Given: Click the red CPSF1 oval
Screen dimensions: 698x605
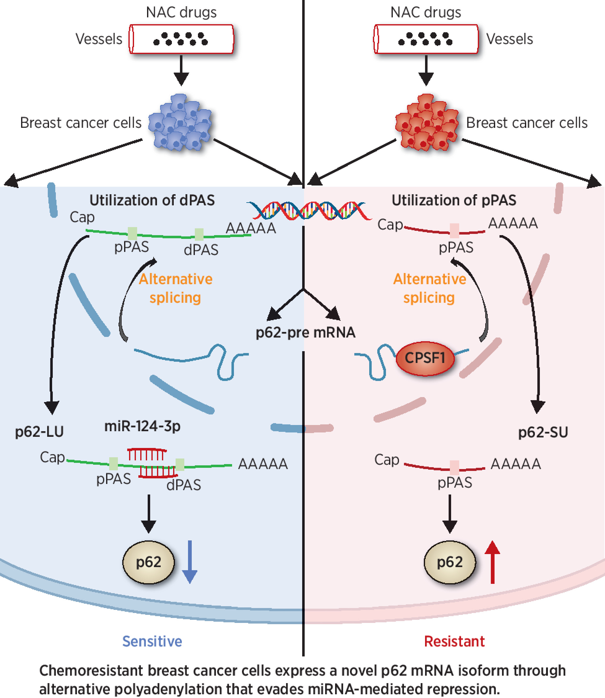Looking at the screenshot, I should [x=425, y=358].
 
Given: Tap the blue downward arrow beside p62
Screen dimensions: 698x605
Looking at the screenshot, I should [x=189, y=562].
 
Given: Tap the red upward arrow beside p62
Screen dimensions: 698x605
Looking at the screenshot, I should [x=492, y=562].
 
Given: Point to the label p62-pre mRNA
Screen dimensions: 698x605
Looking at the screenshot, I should [x=305, y=333].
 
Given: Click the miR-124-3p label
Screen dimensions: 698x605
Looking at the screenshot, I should [x=142, y=426].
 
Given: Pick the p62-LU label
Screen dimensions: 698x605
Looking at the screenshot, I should [x=39, y=432].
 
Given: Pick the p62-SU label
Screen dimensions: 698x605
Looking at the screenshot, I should [x=543, y=432].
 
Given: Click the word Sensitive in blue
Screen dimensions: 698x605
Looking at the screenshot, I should [x=152, y=641].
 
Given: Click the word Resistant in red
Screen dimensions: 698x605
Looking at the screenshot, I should [x=454, y=641].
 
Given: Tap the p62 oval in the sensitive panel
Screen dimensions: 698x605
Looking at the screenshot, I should [x=149, y=562].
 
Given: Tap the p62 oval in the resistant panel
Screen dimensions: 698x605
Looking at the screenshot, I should [x=450, y=562].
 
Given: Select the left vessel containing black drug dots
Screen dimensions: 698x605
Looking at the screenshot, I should [x=181, y=39].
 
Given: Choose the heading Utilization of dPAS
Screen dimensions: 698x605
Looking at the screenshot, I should [x=152, y=200].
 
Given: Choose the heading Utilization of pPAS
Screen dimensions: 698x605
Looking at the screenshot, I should [x=454, y=200].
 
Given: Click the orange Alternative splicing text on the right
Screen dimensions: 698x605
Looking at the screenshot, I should [x=429, y=288].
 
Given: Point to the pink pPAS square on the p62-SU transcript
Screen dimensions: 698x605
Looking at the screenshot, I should [x=455, y=468].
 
